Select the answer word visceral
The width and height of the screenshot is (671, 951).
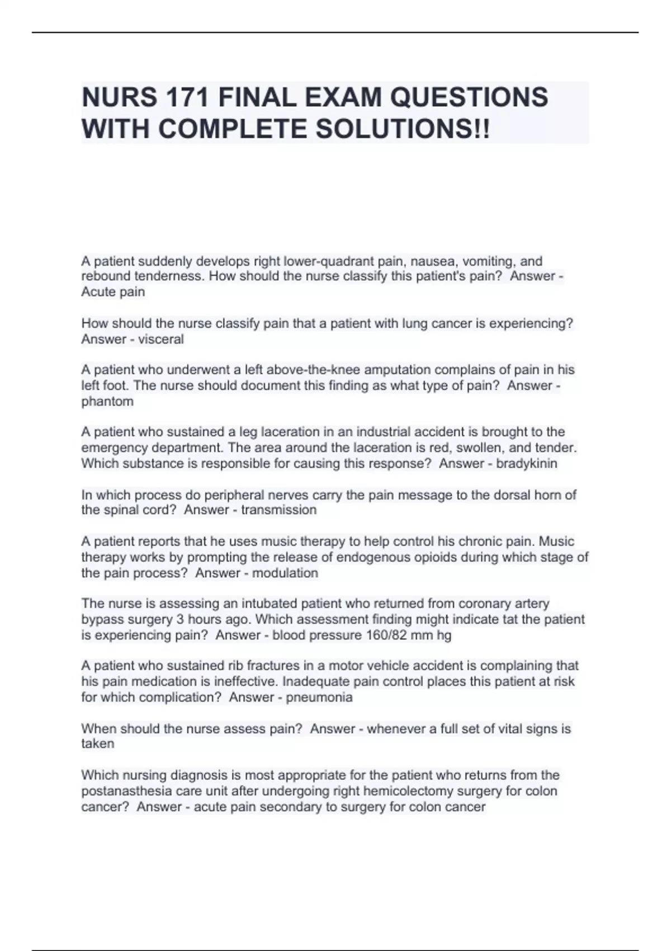(160, 339)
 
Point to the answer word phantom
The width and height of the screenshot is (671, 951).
(107, 401)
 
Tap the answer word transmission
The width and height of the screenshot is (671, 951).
(278, 510)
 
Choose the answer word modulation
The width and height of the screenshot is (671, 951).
(285, 573)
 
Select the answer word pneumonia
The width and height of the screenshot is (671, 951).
(319, 697)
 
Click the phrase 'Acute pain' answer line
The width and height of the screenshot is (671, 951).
(113, 291)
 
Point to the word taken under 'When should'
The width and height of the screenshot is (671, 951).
(97, 743)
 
